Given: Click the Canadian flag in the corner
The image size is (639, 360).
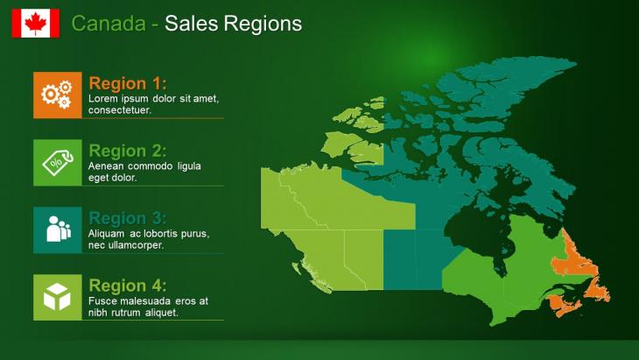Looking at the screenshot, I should pyautogui.click(x=36, y=24).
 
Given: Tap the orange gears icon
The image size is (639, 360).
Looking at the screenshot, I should pyautogui.click(x=58, y=95).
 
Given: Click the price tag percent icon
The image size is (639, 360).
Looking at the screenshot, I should pyautogui.click(x=58, y=162).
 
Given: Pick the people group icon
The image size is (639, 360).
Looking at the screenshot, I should pyautogui.click(x=58, y=229).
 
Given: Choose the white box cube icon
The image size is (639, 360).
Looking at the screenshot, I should pyautogui.click(x=58, y=297).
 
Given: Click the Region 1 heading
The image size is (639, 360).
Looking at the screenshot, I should pyautogui.click(x=127, y=83).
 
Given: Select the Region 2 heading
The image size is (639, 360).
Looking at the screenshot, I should pyautogui.click(x=127, y=151).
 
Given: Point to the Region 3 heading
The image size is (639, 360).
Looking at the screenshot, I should pyautogui.click(x=127, y=218).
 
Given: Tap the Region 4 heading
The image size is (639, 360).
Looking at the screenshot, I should pyautogui.click(x=127, y=286).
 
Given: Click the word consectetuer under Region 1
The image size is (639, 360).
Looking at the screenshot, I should pyautogui.click(x=120, y=110).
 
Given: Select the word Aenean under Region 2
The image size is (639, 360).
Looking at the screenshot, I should pyautogui.click(x=107, y=166).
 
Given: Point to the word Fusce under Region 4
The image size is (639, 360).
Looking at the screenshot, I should pyautogui.click(x=103, y=301).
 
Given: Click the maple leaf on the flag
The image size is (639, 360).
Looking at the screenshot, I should pyautogui.click(x=36, y=24).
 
